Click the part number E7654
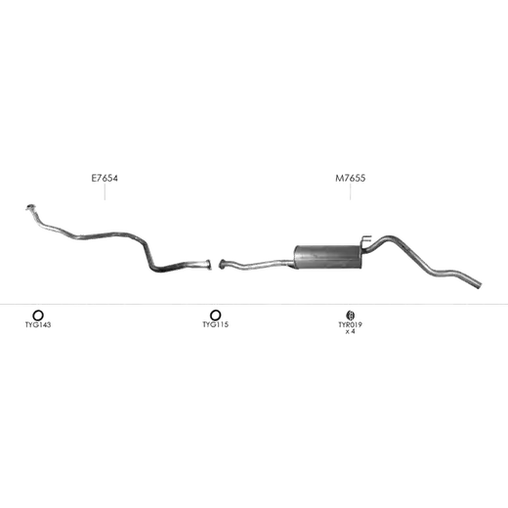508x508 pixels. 105,178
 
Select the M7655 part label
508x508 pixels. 351,178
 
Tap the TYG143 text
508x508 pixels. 38,324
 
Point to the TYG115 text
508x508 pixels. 215,324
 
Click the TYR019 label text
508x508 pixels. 351,324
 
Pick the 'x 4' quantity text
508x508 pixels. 351,331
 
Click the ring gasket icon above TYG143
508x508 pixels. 38,312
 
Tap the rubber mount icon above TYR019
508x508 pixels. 351,315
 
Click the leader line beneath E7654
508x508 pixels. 105,191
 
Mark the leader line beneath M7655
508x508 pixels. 351,191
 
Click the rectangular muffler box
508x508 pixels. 327,257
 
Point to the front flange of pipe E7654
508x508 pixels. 30,207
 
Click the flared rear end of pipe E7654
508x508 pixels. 208,265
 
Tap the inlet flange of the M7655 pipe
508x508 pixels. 223,264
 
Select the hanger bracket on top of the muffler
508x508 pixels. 366,239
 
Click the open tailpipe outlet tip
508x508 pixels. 479,284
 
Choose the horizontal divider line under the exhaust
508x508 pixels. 254,304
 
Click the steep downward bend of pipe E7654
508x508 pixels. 148,256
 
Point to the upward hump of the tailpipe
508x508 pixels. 389,238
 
